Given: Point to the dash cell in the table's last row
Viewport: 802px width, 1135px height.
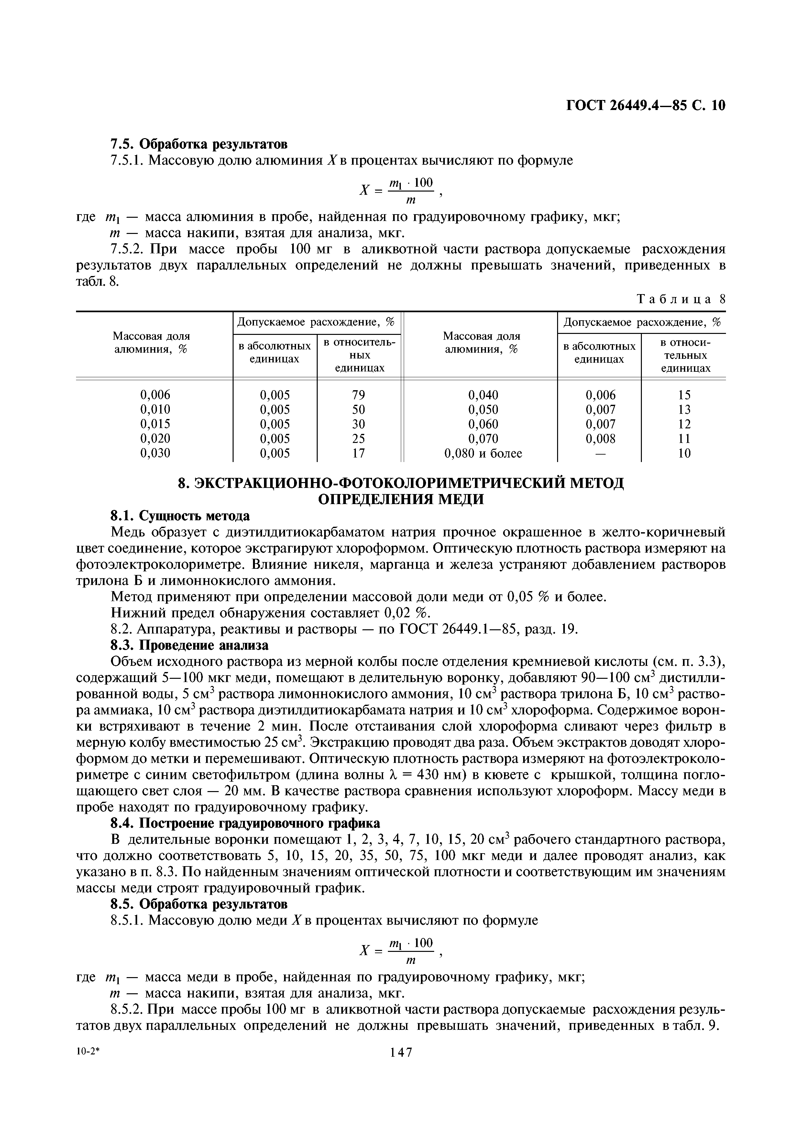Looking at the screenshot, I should pyautogui.click(x=600, y=453).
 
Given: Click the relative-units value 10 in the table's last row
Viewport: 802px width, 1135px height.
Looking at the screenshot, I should pyautogui.click(x=684, y=453).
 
